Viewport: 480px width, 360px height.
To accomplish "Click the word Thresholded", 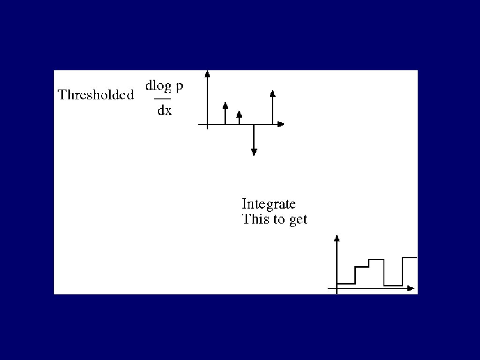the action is point(96,95).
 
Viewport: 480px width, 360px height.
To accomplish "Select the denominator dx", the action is point(164,111).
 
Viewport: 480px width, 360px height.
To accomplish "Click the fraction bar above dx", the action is point(163,99).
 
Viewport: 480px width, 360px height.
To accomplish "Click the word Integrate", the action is point(269,204).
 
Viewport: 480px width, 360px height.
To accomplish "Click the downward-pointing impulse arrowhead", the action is point(254,151).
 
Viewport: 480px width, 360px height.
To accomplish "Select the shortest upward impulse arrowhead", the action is point(239,114).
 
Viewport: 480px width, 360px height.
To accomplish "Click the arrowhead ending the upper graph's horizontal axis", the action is point(280,124).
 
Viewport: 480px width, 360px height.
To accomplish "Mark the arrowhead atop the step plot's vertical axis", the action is point(337,238).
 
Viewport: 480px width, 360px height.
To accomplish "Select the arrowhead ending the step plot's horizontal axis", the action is point(411,288).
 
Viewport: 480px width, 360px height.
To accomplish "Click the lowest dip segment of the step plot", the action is point(393,285).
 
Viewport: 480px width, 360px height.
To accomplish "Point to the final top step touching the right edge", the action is point(410,257).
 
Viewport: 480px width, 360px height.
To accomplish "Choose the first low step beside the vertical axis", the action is point(346,284).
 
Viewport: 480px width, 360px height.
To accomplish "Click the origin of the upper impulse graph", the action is point(207,124).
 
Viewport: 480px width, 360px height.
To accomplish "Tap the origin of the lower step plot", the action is point(337,289).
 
